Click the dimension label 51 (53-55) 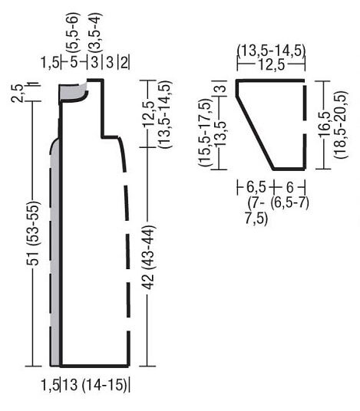tap(33, 234)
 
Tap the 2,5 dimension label tap(17, 94)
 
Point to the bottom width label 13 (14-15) tap(94, 385)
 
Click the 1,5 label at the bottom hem tap(50, 386)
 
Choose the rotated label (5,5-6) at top tap(72, 31)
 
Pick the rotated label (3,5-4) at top tap(94, 31)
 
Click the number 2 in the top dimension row tap(124, 63)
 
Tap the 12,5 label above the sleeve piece tap(272, 64)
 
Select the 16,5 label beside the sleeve tap(325, 124)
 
